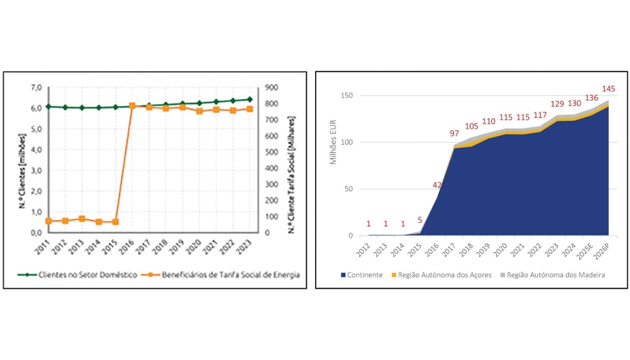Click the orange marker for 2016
tap(132, 105)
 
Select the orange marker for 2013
tap(82, 219)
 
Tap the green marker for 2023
tap(249, 100)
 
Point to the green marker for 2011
tap(48, 106)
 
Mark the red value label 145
tap(608, 89)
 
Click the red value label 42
tap(437, 185)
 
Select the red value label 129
tap(557, 104)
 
